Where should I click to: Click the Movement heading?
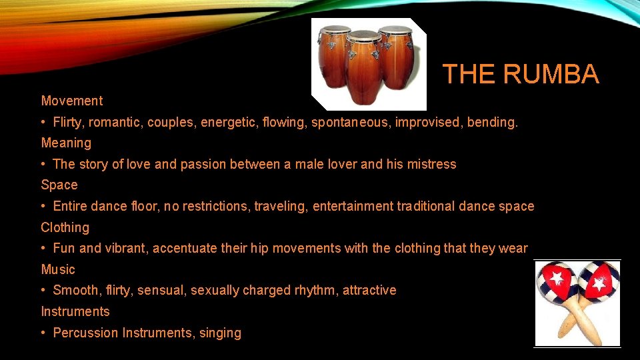click(72, 101)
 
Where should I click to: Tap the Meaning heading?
click(66, 143)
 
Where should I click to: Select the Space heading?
click(59, 185)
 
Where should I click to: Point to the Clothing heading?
click(65, 227)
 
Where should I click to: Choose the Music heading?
click(58, 269)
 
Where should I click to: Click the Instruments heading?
click(75, 311)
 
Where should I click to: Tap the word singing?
click(220, 333)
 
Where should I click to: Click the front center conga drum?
click(364, 70)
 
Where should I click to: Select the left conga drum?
click(333, 57)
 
